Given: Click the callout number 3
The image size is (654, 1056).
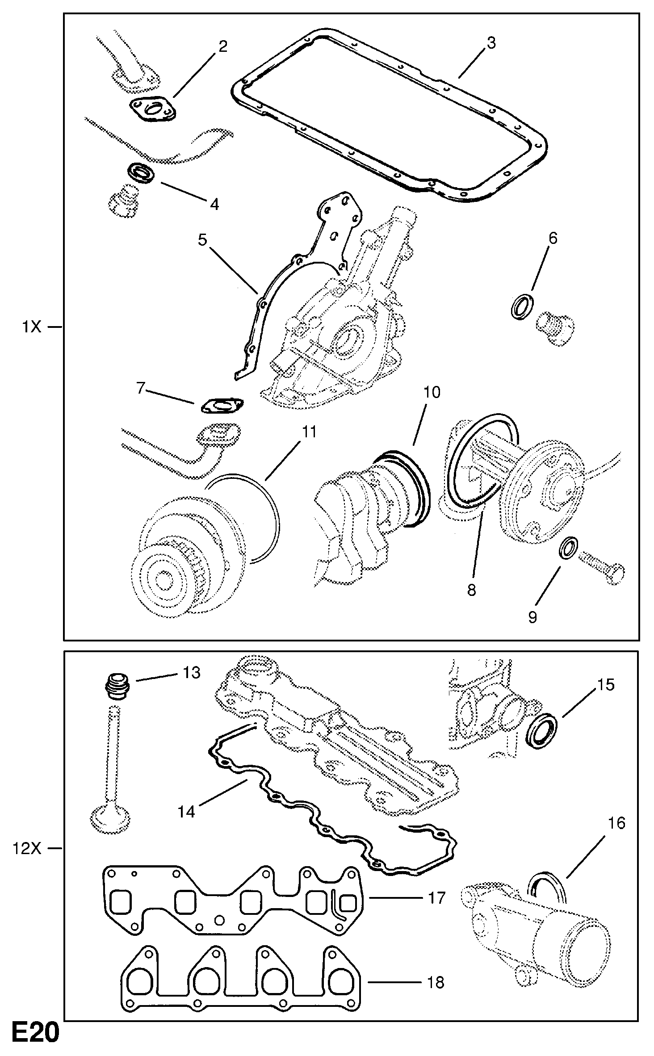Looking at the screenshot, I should (x=490, y=44).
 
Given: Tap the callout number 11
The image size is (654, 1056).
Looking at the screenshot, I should (x=309, y=432).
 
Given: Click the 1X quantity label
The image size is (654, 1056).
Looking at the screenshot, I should (x=31, y=327).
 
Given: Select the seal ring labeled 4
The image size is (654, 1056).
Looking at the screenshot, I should (x=141, y=172).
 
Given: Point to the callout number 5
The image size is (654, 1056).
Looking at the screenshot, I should (x=202, y=240).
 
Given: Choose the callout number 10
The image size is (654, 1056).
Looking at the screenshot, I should (x=432, y=392).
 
